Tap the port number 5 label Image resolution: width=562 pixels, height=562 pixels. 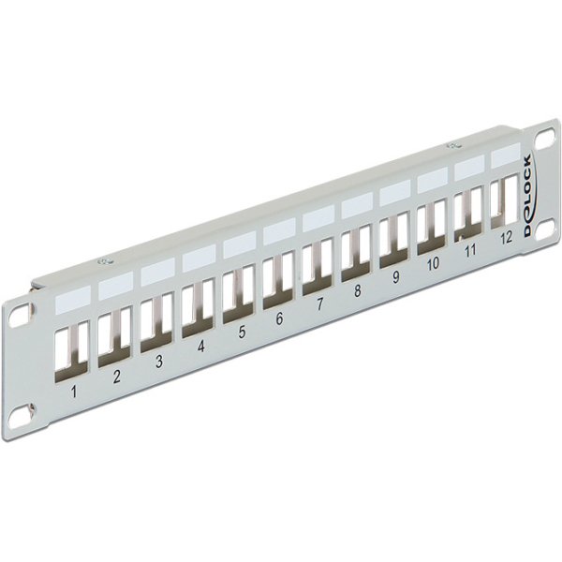click(x=242, y=330)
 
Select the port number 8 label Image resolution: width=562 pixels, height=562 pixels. click(x=357, y=291)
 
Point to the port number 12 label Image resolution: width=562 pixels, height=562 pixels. click(x=506, y=237)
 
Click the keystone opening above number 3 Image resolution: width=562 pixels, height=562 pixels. click(x=155, y=320)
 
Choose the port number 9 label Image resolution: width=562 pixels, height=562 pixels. click(x=395, y=277)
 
